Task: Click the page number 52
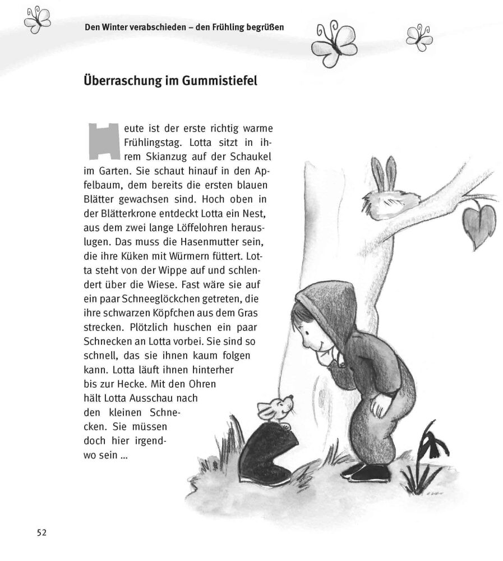click(38, 532)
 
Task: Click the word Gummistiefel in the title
click(220, 81)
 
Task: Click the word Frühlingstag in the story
click(152, 142)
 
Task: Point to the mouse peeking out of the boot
click(275, 410)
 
